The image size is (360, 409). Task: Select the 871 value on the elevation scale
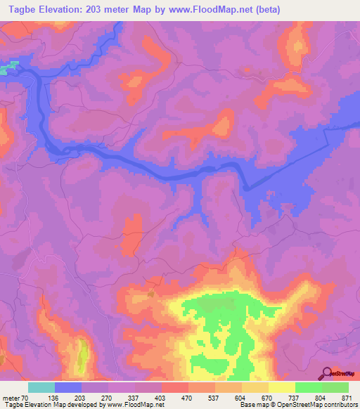(347, 398)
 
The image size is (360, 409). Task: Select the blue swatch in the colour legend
(68, 387)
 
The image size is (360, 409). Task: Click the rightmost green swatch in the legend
(335, 387)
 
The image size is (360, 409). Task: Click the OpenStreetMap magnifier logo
(326, 373)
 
